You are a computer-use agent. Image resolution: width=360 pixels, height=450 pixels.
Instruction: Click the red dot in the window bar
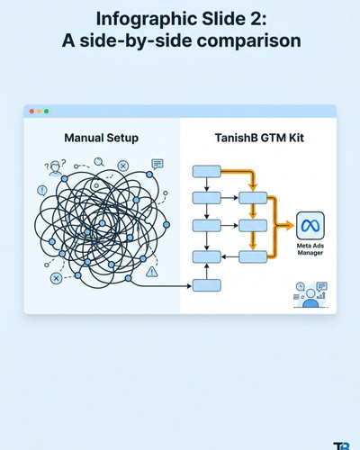point(31,112)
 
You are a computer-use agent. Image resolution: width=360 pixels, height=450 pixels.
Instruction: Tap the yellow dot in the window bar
point(39,112)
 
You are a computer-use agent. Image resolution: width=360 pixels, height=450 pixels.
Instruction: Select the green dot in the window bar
point(46,112)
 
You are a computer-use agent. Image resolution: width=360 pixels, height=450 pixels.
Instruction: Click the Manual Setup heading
point(102,138)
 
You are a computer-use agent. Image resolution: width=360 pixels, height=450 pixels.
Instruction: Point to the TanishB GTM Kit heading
point(259,138)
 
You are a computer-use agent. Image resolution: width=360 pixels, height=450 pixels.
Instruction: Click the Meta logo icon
point(310,226)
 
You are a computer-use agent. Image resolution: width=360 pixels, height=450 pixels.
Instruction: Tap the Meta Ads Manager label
point(310,249)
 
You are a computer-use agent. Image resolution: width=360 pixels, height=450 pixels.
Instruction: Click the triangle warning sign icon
point(152,272)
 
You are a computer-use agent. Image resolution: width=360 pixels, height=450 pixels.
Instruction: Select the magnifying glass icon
point(99,162)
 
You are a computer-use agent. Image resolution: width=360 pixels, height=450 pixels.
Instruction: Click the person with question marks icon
point(55,167)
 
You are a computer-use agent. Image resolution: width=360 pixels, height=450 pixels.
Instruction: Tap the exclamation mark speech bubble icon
point(42,191)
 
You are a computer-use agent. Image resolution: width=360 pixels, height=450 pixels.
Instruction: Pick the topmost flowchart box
point(207,171)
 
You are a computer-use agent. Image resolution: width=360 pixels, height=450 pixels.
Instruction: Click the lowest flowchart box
point(207,285)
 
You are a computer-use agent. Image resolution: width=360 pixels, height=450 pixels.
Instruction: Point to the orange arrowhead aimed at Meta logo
point(290,225)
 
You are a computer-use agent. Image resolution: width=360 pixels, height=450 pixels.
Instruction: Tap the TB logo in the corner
point(342,446)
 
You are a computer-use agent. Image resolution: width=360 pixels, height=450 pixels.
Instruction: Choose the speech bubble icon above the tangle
point(157,164)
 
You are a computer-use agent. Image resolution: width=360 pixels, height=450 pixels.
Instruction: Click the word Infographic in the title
point(147,20)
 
